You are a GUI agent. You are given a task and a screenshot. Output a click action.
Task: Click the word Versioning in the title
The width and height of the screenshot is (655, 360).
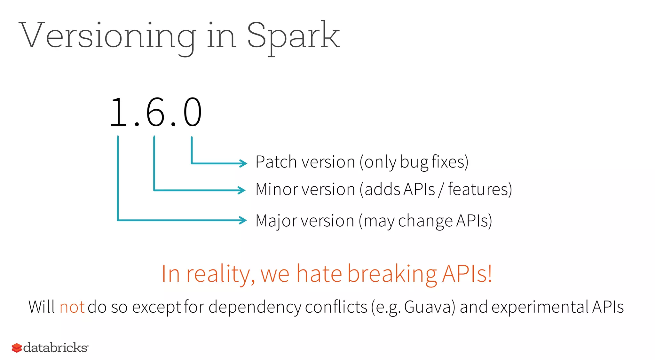[107, 36]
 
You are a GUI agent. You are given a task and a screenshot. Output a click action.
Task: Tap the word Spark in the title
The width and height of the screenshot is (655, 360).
[293, 36]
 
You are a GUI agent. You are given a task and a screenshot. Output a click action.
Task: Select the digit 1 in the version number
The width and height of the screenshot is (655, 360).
[118, 113]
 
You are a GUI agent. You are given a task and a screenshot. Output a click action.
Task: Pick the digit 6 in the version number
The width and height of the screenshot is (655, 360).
[155, 113]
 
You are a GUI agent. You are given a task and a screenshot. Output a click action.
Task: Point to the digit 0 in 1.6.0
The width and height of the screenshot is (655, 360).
[192, 113]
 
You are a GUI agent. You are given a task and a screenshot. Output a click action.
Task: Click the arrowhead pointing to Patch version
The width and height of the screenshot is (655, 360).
[244, 163]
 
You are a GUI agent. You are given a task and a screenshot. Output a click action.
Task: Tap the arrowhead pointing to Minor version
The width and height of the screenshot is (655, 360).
[242, 190]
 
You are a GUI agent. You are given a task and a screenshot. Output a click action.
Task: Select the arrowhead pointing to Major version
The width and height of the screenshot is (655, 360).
[243, 220]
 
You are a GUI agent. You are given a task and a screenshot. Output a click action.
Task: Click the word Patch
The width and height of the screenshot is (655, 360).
[276, 162]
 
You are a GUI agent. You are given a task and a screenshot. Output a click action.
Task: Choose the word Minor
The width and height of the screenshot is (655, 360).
[276, 189]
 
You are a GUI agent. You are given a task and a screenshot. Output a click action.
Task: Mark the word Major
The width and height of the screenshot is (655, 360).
[276, 221]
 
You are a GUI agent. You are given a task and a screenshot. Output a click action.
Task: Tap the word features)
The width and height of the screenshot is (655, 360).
[480, 189]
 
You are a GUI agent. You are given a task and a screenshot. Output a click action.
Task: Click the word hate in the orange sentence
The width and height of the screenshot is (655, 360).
[319, 274]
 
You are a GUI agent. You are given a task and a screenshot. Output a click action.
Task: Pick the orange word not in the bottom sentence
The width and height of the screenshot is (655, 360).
[72, 307]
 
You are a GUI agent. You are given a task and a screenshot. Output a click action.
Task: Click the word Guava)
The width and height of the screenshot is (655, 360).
[430, 307]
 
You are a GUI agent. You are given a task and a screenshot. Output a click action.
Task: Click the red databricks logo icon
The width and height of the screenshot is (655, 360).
[17, 348]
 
